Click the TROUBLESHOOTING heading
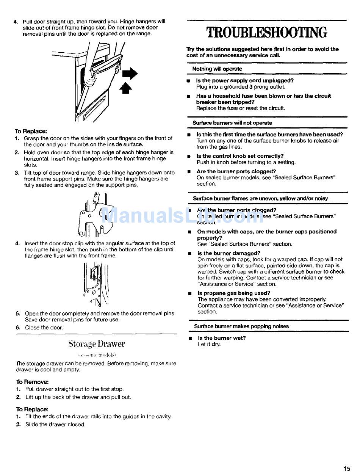coord(267,33)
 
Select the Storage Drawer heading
coord(97,344)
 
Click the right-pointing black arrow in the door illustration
coord(130,73)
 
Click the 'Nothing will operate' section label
coord(217,69)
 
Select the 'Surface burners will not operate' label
coord(232,123)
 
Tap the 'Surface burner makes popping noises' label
coord(241,326)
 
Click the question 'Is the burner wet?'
coord(222,338)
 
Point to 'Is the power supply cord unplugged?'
coord(244,81)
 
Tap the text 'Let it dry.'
coord(209,345)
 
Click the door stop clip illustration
coord(94,284)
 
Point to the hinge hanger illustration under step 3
coord(97,214)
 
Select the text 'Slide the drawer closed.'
coord(55,425)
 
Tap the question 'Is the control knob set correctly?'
coord(240,156)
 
